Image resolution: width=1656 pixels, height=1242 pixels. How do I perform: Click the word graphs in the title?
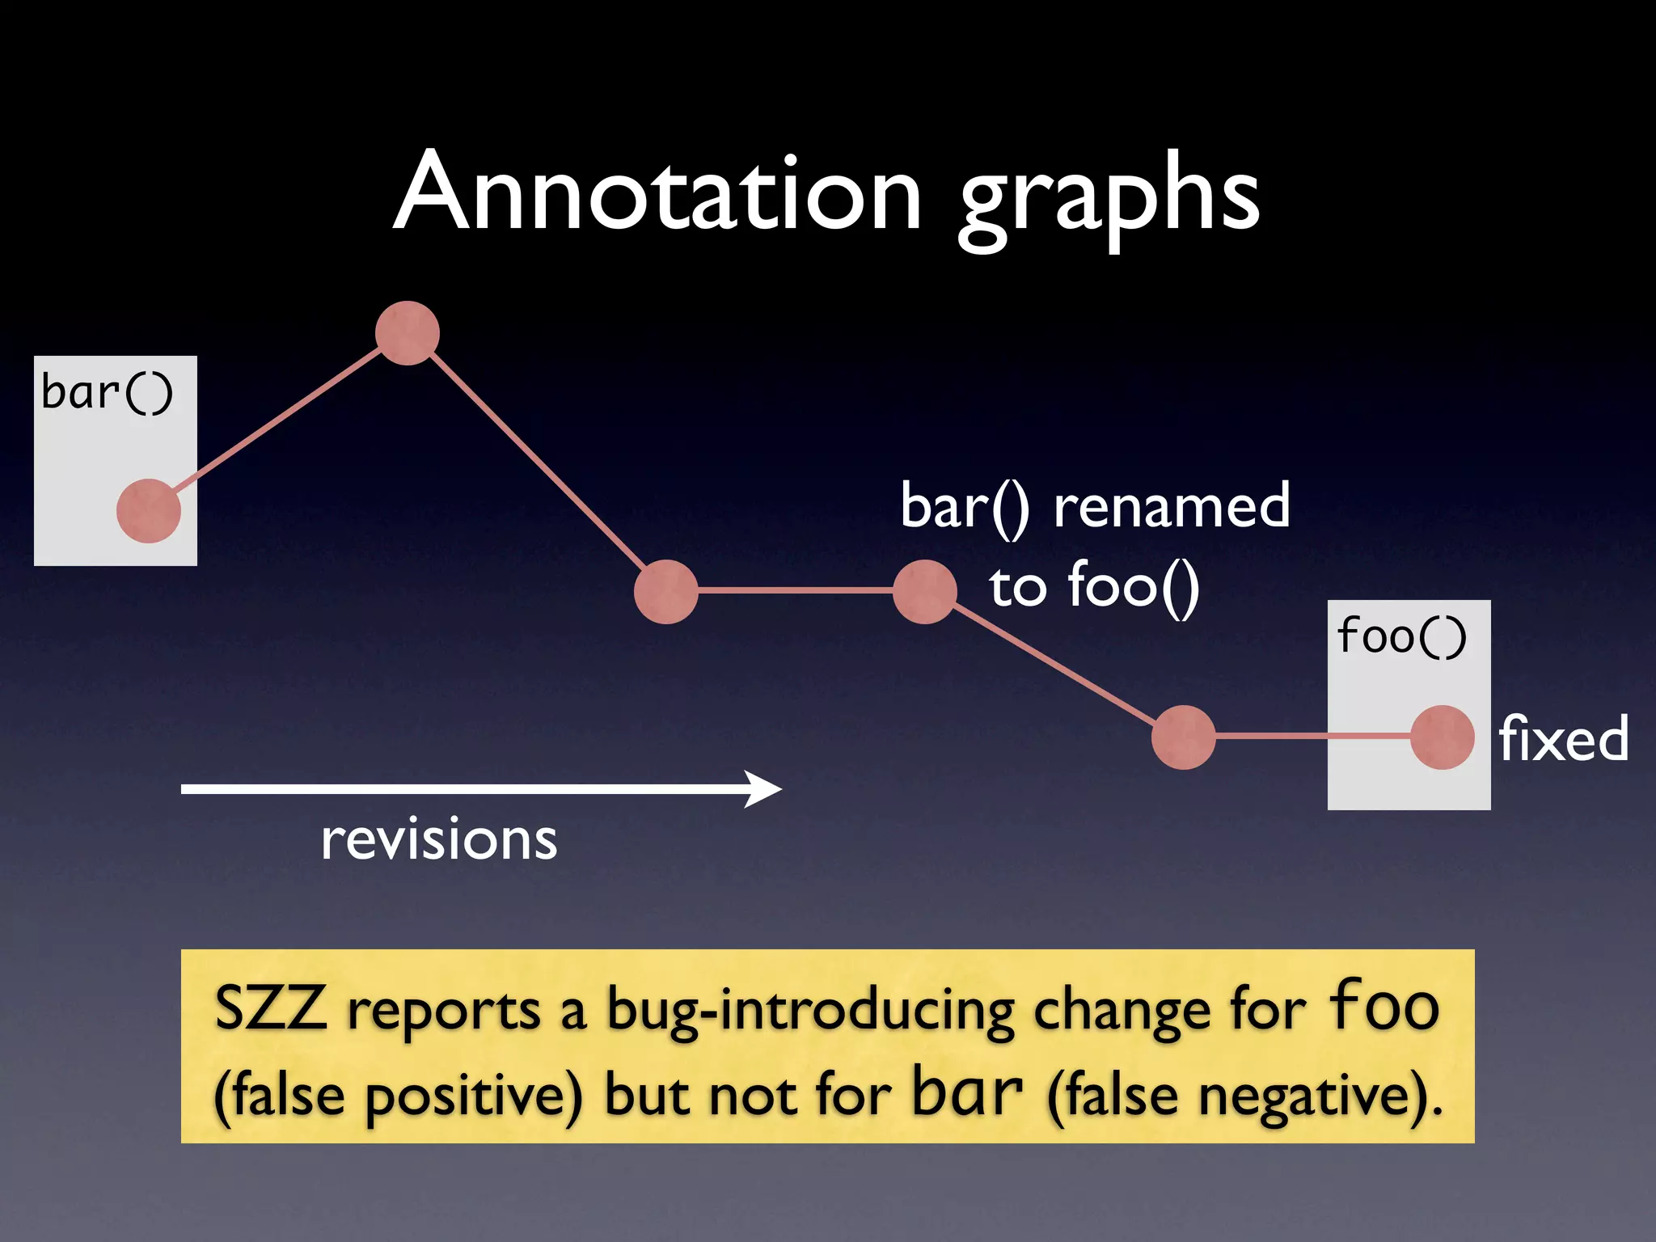click(1108, 198)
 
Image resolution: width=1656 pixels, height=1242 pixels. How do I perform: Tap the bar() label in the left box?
click(107, 393)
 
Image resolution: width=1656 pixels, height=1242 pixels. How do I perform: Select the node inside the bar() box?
click(149, 511)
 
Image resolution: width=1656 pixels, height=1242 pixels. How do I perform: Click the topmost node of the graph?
click(408, 333)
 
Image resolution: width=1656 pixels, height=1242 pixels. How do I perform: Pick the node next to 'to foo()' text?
click(925, 591)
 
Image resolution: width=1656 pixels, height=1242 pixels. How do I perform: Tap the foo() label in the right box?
click(1401, 636)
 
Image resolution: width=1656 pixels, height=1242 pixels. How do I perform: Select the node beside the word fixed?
click(1443, 737)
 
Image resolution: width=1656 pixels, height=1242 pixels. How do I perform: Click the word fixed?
click(1563, 739)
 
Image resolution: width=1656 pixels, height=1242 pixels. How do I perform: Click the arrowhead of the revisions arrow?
click(764, 788)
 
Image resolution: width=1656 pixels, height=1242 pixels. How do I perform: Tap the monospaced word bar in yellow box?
click(968, 1092)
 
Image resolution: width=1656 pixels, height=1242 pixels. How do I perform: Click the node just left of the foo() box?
click(1184, 737)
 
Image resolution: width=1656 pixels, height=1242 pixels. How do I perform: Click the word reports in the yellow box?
click(444, 1011)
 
